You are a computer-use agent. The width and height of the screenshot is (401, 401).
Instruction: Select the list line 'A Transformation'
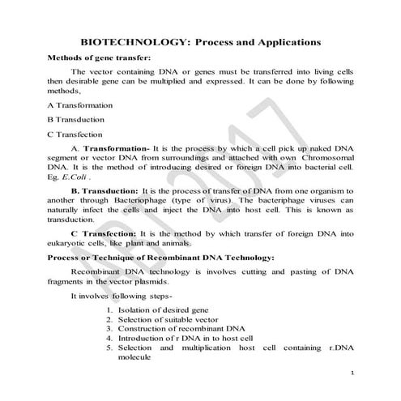(79, 105)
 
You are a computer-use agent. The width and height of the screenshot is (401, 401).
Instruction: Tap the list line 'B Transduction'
(76, 120)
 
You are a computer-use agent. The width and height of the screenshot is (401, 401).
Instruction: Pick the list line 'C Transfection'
(75, 134)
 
